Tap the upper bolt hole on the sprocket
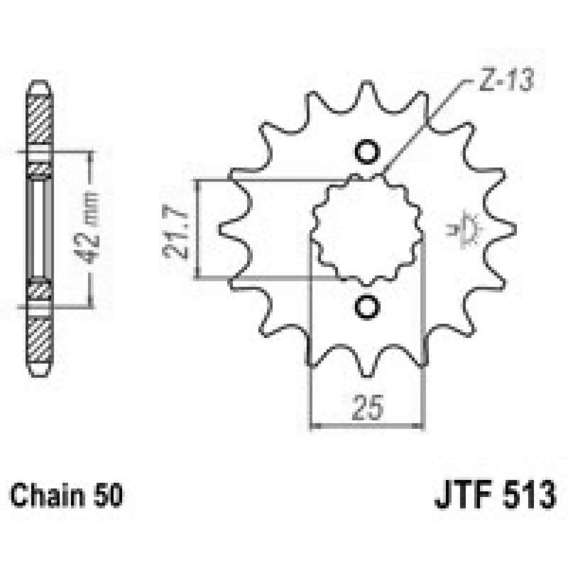click(367, 152)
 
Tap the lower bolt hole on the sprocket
click(367, 307)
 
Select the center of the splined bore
click(367, 229)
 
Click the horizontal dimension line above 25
click(367, 427)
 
